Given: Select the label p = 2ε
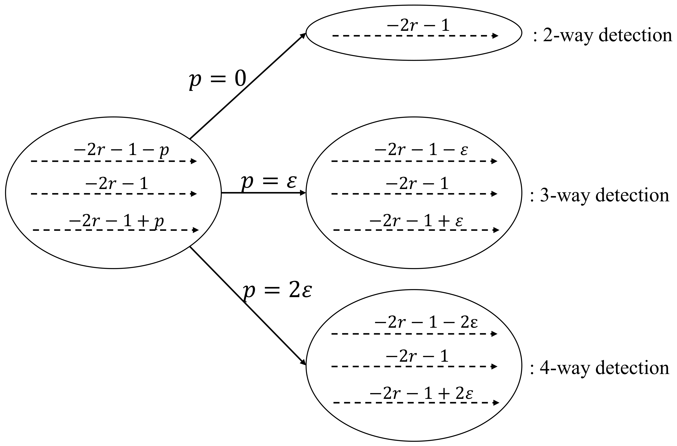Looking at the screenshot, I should click(x=277, y=292).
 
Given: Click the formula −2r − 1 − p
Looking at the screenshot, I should click(x=121, y=150).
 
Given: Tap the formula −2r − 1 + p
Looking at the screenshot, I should click(x=117, y=221).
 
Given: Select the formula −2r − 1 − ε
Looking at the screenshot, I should click(x=421, y=150).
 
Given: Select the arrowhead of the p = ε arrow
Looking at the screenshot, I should click(x=303, y=193).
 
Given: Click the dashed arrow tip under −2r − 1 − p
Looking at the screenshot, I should click(x=194, y=161).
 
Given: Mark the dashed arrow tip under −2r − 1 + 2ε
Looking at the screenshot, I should click(x=496, y=403).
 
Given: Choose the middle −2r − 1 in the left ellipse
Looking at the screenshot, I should click(x=117, y=184).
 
